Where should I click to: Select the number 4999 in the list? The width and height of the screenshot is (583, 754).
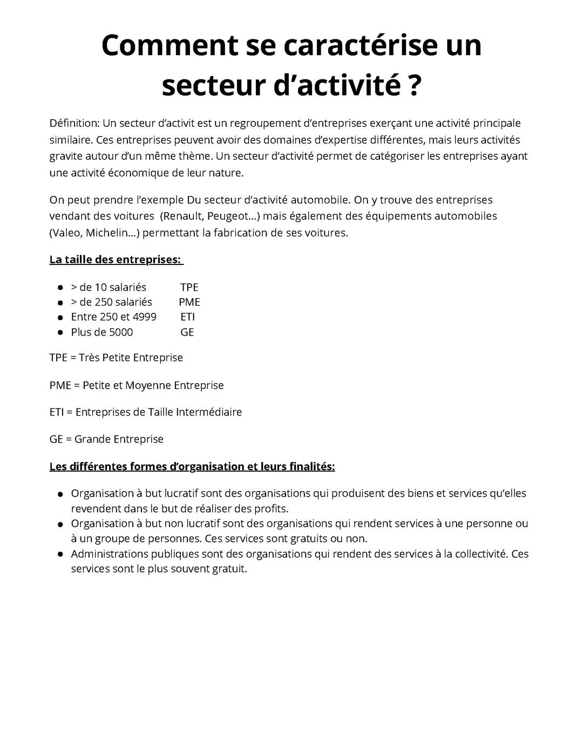[x=144, y=317]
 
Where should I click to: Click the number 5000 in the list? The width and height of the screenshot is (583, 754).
[x=121, y=332]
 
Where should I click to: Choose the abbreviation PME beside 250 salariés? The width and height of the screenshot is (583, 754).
[x=189, y=302]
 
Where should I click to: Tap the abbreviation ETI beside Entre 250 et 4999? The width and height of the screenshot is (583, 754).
[x=188, y=317]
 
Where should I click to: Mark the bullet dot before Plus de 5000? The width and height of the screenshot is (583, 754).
[x=60, y=332]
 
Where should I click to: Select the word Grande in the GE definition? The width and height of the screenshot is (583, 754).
[x=91, y=439]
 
